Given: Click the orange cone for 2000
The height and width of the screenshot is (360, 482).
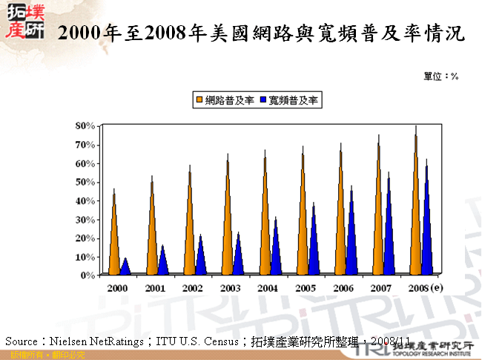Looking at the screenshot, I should (114, 238).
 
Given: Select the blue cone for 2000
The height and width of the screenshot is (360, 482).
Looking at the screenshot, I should (125, 266).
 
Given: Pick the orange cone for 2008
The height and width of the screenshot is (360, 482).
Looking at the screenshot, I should (416, 208).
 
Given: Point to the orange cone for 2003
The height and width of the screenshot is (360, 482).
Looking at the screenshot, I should (228, 219).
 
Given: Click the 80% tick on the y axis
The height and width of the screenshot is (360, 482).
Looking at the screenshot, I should (85, 125).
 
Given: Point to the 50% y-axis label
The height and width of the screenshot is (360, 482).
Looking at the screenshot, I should (85, 182).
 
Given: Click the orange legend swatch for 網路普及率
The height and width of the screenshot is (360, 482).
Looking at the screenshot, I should (199, 99).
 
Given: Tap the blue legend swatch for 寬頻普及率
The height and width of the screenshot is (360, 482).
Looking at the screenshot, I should (264, 99).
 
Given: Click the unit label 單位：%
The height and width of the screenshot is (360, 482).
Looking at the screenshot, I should (441, 76).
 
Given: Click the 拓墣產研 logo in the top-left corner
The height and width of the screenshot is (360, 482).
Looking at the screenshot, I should (24, 22).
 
